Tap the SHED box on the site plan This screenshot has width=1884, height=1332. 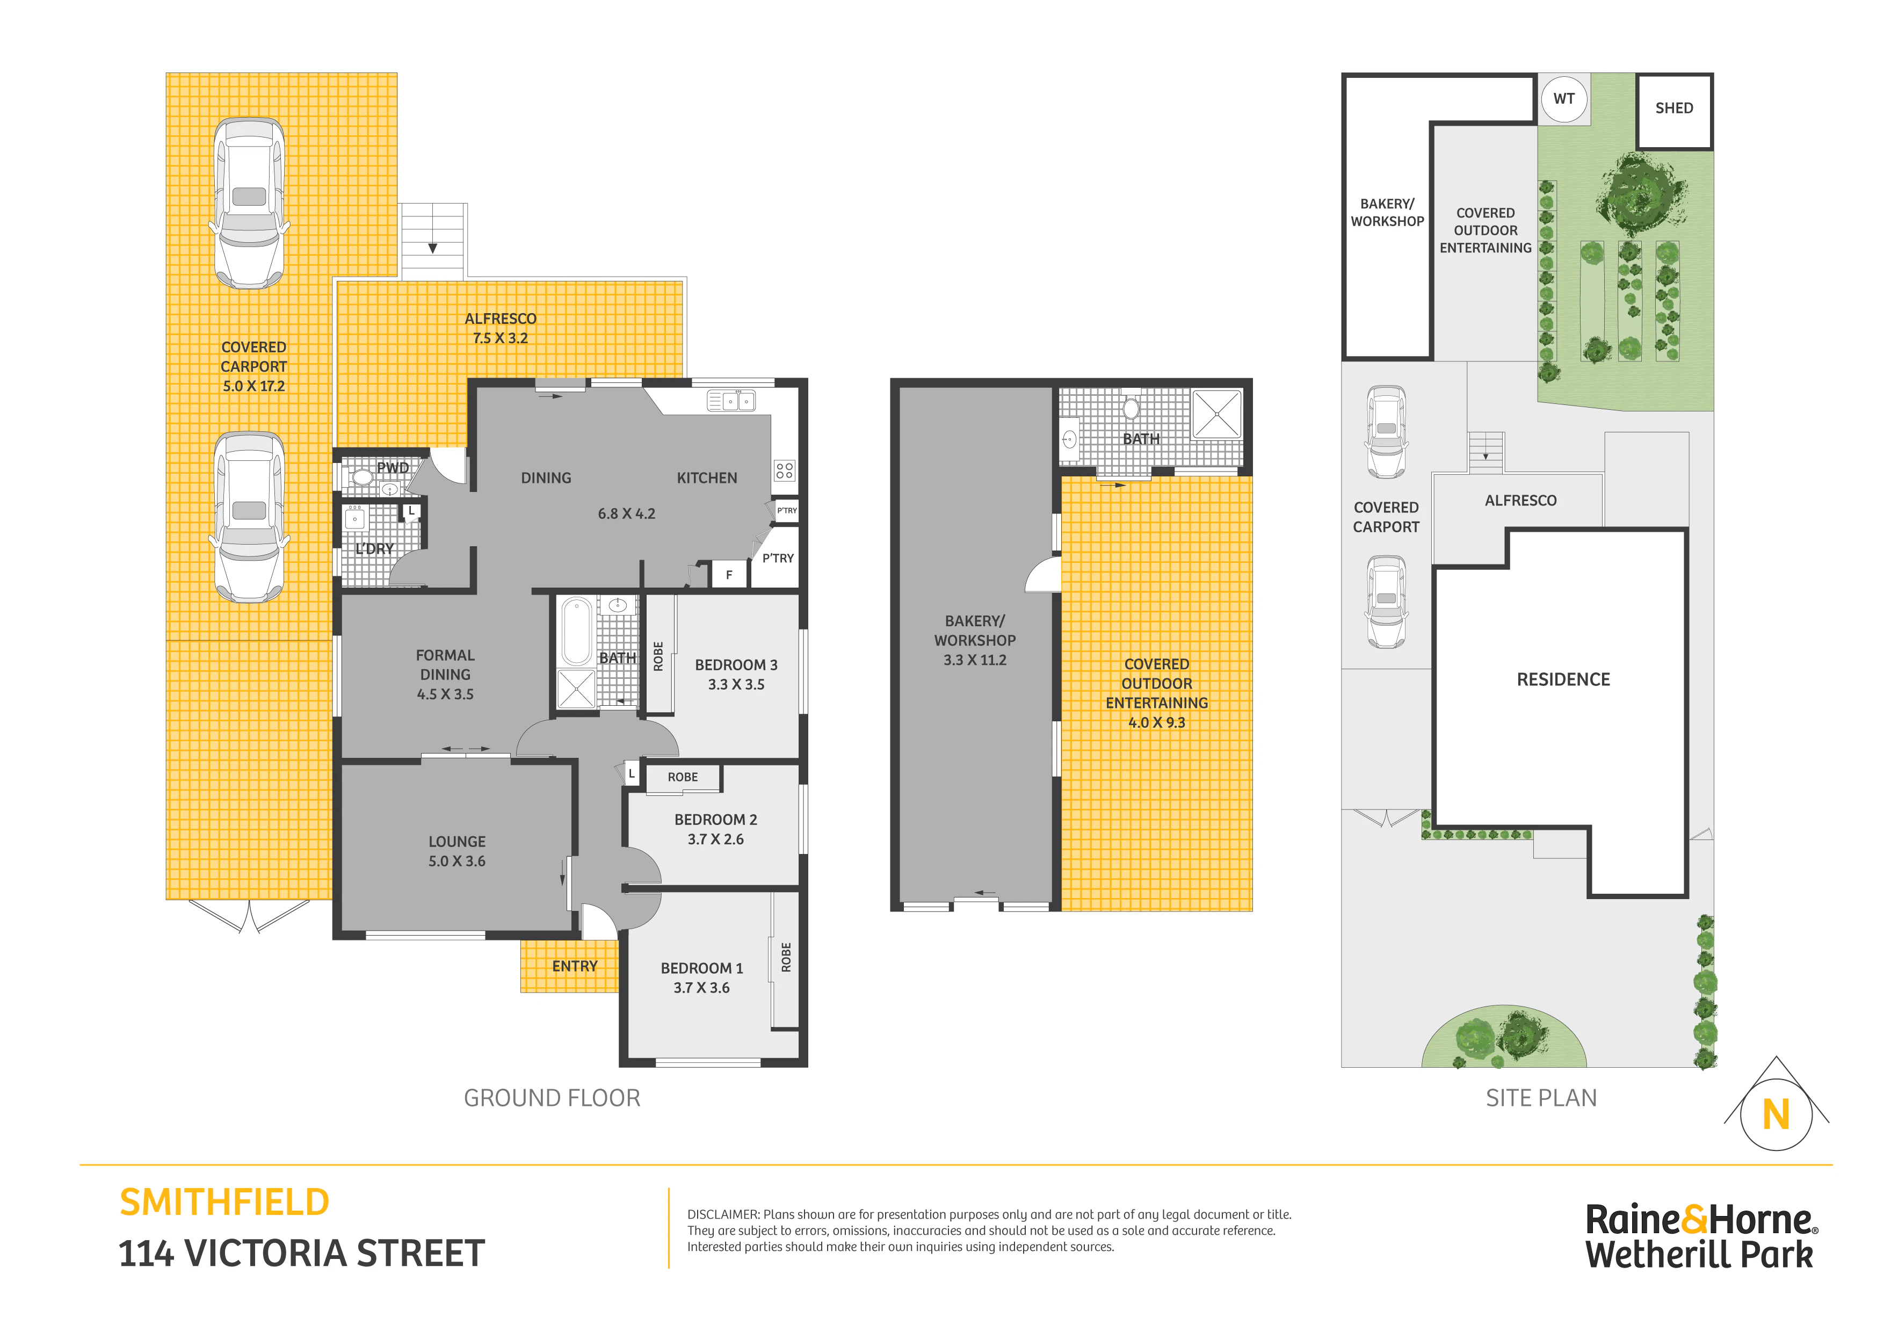[1674, 112]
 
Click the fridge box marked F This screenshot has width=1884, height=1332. [729, 575]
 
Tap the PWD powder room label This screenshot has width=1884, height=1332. [392, 468]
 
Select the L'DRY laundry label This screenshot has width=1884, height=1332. [374, 549]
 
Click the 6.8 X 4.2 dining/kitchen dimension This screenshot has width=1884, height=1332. [626, 514]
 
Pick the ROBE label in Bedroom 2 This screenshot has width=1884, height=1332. [683, 777]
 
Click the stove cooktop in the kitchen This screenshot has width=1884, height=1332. [785, 470]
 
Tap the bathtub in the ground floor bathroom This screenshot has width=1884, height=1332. [576, 631]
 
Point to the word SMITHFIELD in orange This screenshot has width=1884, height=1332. [224, 1203]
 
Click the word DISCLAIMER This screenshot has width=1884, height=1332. [722, 1214]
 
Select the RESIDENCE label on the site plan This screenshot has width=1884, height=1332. [1563, 679]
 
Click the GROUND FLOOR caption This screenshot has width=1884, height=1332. [552, 1098]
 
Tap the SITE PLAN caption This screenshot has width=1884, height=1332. [1541, 1098]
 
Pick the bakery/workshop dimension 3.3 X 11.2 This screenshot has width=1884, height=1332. [975, 660]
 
